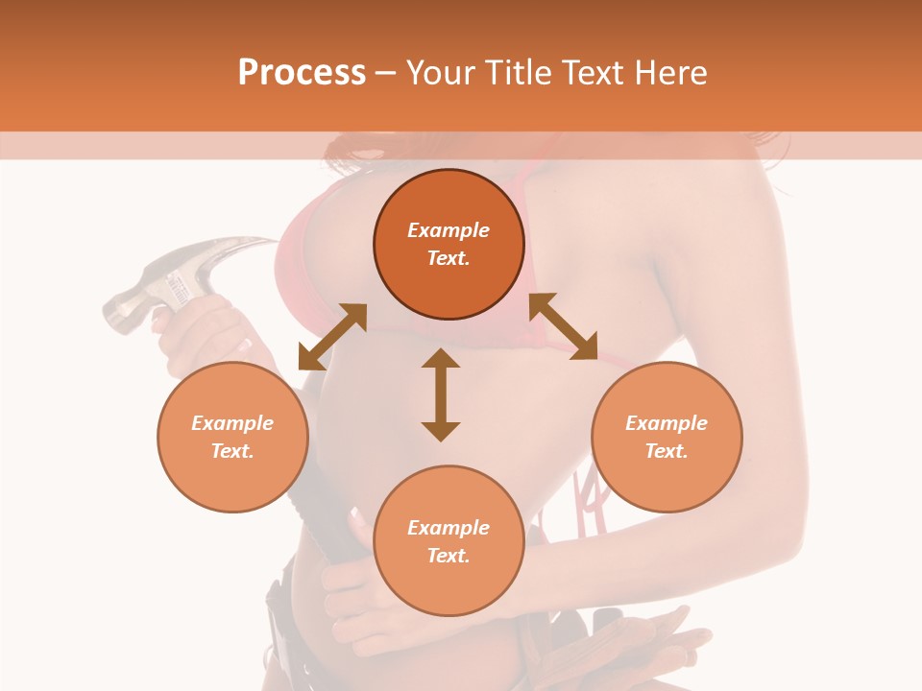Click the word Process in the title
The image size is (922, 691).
pos(302,73)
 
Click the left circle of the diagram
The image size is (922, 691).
pos(232,437)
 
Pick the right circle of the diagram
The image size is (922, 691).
pos(667,437)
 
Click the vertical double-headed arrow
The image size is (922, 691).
pos(441,394)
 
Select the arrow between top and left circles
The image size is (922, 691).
pos(332,337)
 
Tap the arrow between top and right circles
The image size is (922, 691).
pos(563,326)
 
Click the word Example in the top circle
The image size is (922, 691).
pos(449,230)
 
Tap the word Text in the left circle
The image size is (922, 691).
pos(232,451)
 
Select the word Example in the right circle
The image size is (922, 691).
pos(667,423)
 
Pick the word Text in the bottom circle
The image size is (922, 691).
pos(449,556)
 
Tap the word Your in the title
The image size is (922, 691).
pos(441,73)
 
